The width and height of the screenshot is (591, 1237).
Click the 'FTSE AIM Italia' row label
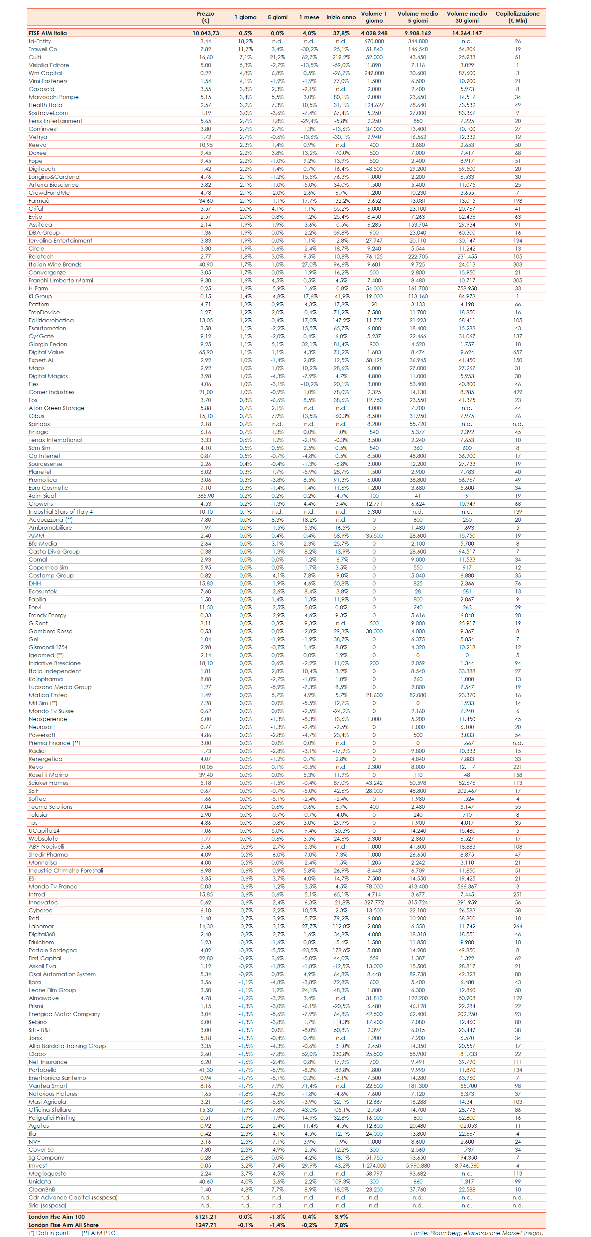[48, 33]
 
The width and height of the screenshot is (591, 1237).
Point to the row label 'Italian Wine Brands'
[55, 264]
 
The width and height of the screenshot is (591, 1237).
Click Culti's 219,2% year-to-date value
[341, 57]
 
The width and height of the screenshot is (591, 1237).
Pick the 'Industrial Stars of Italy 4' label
[60, 512]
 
